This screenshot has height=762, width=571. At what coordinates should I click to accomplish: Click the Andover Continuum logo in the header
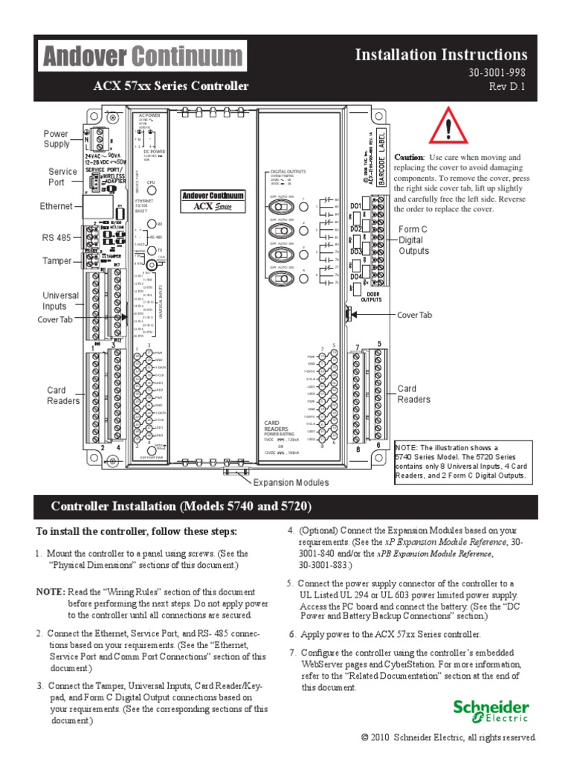142,57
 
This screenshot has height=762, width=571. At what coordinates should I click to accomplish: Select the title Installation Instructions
441,54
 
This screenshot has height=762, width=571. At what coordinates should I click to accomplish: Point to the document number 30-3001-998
497,73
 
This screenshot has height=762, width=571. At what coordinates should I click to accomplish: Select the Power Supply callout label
56,139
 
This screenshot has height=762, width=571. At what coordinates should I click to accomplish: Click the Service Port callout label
62,176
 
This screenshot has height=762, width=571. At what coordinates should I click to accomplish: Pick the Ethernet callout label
57,206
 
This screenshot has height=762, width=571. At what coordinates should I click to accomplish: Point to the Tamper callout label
57,260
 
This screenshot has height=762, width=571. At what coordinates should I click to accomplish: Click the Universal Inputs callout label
59,301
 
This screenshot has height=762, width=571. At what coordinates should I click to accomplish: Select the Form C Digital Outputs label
414,240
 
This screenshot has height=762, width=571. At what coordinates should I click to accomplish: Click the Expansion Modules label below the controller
291,482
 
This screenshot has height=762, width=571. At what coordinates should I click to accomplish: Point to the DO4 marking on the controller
355,277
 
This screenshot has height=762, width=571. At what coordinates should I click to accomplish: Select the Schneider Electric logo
491,711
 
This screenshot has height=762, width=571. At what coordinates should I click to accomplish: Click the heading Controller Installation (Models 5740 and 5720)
181,507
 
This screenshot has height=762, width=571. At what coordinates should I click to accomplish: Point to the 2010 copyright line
448,737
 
